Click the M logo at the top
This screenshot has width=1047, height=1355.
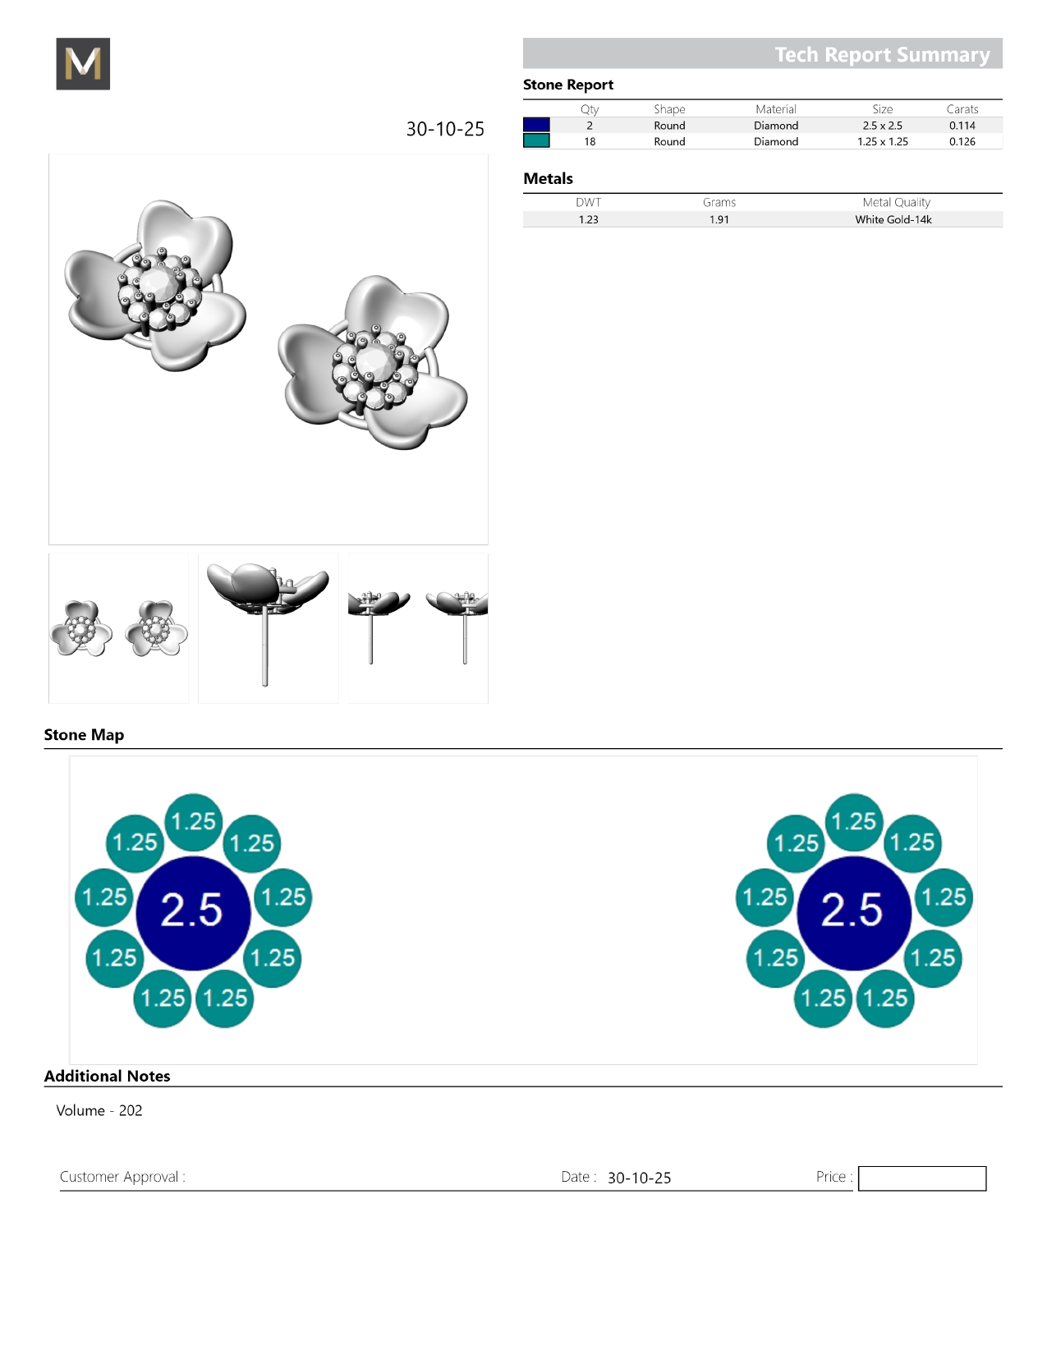pyautogui.click(x=83, y=63)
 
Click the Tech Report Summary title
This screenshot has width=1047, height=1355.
pyautogui.click(x=882, y=54)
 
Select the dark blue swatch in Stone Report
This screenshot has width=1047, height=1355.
pyautogui.click(x=536, y=125)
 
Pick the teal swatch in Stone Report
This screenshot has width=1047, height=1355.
pyautogui.click(x=536, y=141)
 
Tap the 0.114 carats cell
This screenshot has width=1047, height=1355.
pyautogui.click(x=962, y=126)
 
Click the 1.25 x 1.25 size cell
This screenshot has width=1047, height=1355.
pyautogui.click(x=882, y=141)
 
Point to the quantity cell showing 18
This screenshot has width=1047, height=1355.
pyautogui.click(x=590, y=141)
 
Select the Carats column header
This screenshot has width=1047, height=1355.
pyautogui.click(x=962, y=109)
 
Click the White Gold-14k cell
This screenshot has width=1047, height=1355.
pyautogui.click(x=893, y=219)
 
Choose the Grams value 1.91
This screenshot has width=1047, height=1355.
pyautogui.click(x=719, y=219)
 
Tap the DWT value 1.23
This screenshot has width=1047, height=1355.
pyautogui.click(x=588, y=219)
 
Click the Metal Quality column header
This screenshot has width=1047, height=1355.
pyautogui.click(x=895, y=202)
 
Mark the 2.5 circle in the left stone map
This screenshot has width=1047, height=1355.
pyautogui.click(x=193, y=913)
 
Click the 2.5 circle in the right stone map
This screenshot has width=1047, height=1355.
pyautogui.click(x=854, y=913)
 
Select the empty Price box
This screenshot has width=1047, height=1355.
pyautogui.click(x=921, y=1178)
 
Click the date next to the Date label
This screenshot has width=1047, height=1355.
pyautogui.click(x=639, y=1178)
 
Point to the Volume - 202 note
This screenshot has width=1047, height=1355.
pyautogui.click(x=99, y=1110)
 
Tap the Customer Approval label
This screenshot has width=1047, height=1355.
pyautogui.click(x=122, y=1177)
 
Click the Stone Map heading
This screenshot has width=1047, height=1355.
pyautogui.click(x=84, y=734)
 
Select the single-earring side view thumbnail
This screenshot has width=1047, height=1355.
pyautogui.click(x=269, y=628)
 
